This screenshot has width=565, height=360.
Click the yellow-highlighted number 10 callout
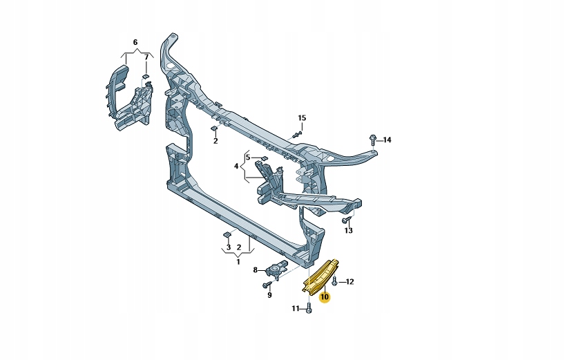coord(325,297)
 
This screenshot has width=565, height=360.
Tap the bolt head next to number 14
coord(373,139)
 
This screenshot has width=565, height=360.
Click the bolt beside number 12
coord(335,281)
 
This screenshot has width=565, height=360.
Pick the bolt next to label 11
coord(308,309)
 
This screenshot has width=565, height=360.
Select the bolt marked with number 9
coord(267,284)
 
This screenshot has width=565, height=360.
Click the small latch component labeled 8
coord(279,269)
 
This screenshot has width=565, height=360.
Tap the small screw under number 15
coord(298,133)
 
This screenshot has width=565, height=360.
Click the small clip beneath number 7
coord(146,76)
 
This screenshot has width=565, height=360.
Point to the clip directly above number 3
coord(227,236)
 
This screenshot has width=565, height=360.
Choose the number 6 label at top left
coord(135,43)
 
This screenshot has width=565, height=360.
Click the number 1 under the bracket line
coord(238,262)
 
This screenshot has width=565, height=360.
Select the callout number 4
coord(236,167)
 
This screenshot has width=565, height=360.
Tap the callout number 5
coord(247,158)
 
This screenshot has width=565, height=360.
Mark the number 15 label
coord(301,117)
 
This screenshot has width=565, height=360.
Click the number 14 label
coord(387,140)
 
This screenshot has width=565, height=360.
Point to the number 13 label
coord(349,231)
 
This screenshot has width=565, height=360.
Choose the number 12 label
coord(349,281)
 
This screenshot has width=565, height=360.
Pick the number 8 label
coord(255,270)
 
